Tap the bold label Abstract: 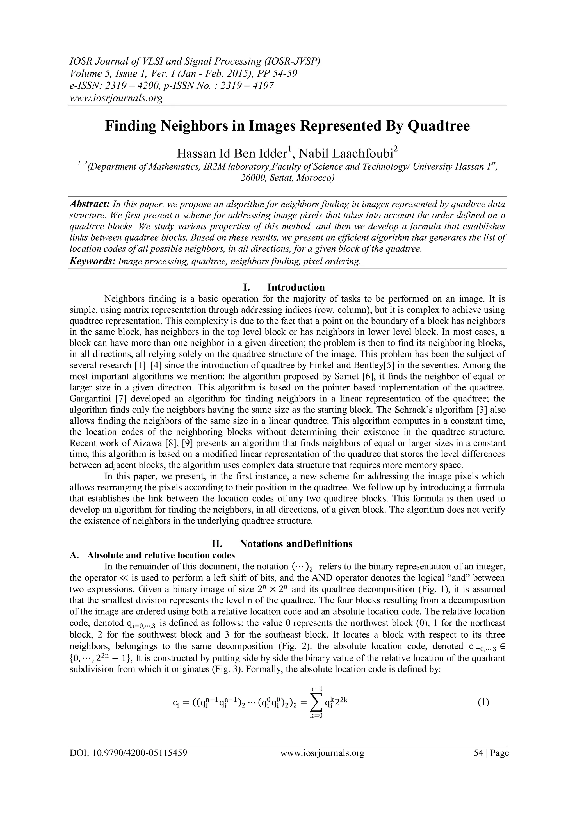[90, 204]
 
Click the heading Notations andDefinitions [296, 543]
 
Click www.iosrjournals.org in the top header [116, 98]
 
